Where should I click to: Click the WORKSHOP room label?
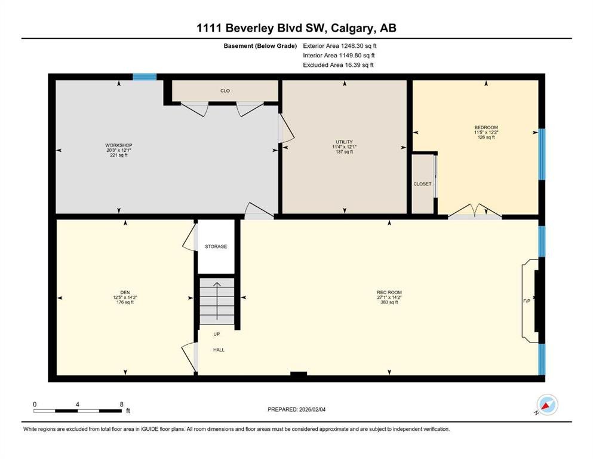(119, 145)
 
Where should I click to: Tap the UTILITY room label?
(344, 142)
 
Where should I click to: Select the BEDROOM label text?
(486, 127)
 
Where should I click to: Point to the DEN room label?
(125, 292)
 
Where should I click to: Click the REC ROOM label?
(389, 292)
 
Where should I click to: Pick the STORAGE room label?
(216, 246)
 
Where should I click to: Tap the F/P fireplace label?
(527, 301)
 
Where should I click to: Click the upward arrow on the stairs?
(217, 301)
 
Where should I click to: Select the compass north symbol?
(547, 405)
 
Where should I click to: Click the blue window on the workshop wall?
(145, 77)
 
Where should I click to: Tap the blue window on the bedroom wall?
(542, 154)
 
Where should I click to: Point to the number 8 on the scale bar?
(121, 404)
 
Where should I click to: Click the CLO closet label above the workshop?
(225, 91)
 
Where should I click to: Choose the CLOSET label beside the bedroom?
(422, 184)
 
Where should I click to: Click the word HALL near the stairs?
(219, 350)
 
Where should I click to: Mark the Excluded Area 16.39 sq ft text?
(338, 65)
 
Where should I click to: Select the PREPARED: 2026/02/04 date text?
(296, 409)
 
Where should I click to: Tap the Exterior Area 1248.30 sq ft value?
(340, 46)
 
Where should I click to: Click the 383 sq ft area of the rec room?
(389, 302)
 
